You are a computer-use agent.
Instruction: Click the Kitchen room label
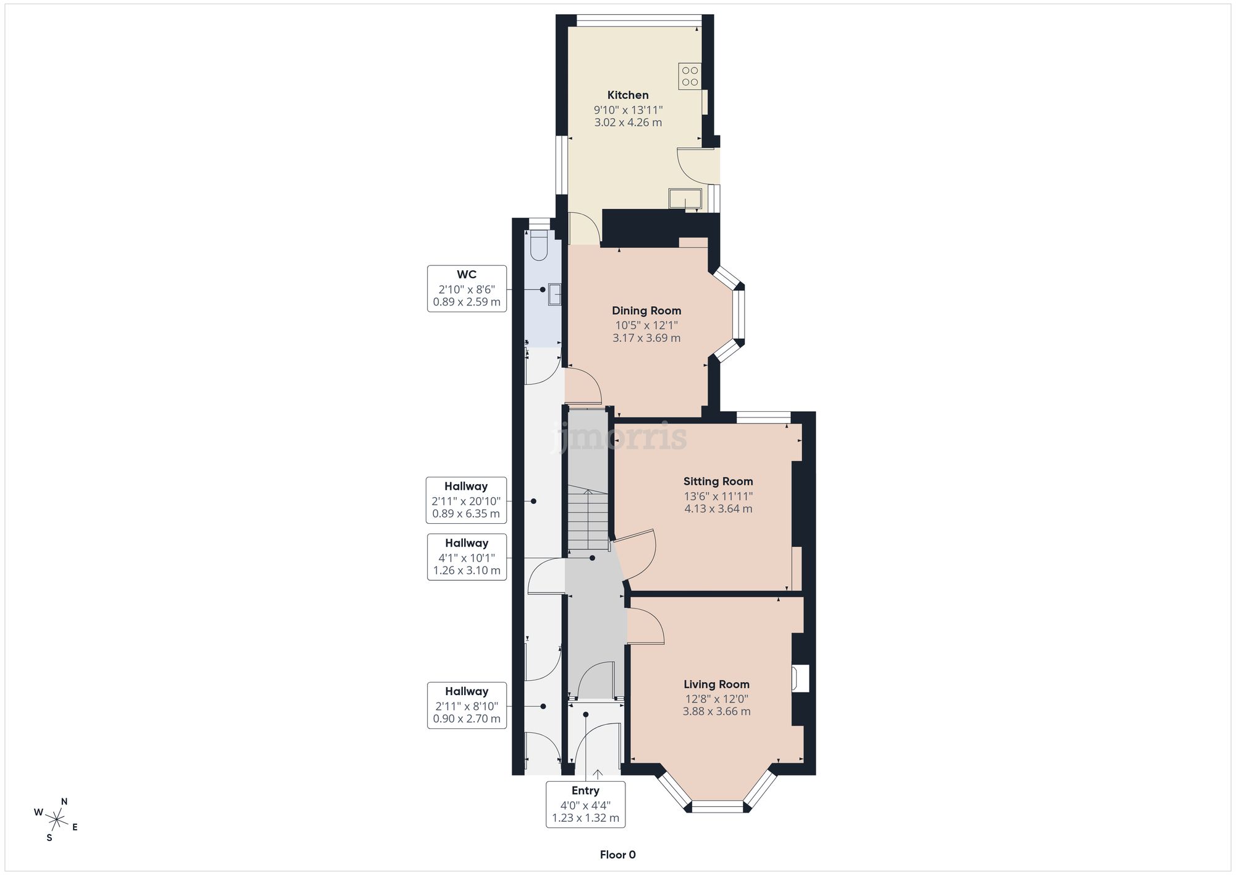coord(628,95)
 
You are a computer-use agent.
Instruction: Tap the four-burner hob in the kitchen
coord(690,76)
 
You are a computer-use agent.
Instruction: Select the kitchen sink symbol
coord(684,198)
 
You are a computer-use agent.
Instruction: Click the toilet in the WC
coord(539,246)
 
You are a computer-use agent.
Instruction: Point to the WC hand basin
coord(554,294)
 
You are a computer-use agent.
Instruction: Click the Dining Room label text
coord(646,310)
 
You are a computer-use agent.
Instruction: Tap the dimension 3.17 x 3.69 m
coord(646,338)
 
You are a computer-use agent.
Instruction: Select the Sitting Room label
coord(717,481)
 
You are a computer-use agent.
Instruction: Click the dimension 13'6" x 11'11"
coord(717,496)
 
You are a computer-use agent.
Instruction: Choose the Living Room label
coord(716,684)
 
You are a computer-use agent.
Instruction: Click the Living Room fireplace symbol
coord(800,678)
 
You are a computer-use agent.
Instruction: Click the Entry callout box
coord(585,804)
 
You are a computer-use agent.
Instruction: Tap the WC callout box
coord(467,288)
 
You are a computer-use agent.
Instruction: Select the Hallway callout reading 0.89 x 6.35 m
coord(466,500)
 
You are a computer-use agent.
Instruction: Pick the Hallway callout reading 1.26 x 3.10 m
coord(467,557)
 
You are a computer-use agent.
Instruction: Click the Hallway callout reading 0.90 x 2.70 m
coord(467,705)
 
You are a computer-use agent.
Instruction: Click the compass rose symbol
coord(57,820)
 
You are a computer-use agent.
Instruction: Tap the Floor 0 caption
coord(617,855)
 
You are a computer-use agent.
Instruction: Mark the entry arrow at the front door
coord(598,774)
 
